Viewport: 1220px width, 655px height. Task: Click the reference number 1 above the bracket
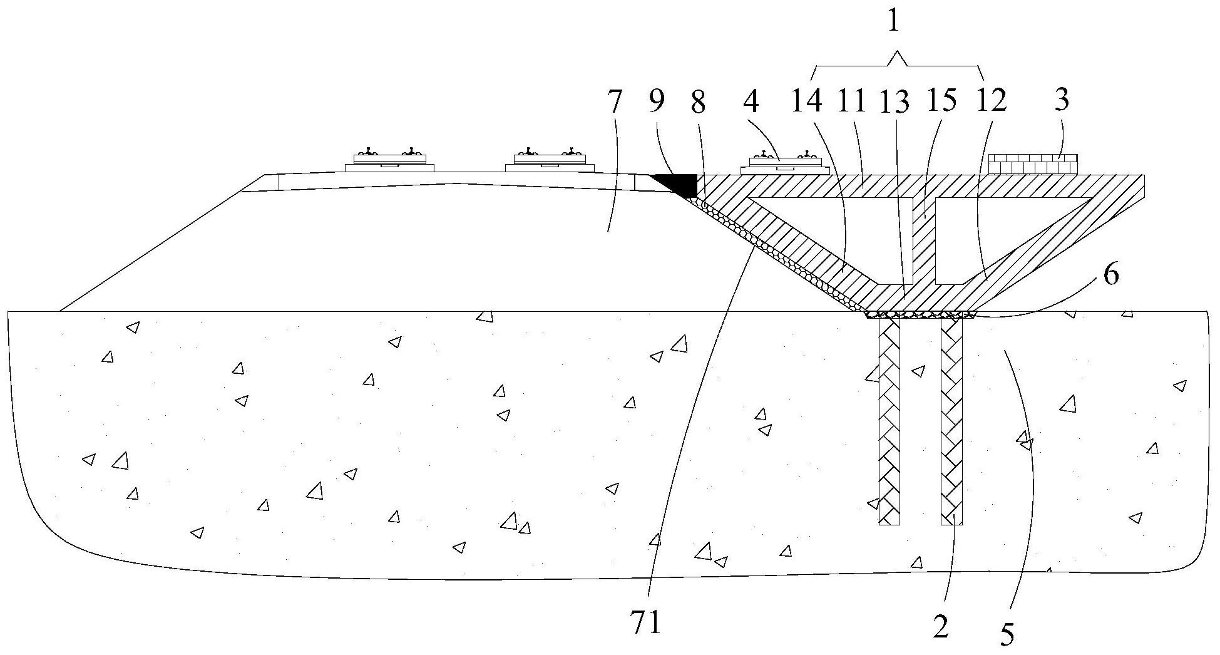[894, 23]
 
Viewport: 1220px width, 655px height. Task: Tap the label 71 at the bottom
[647, 624]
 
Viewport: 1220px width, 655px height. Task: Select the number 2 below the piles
[941, 626]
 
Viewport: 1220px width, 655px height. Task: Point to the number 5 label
[1007, 633]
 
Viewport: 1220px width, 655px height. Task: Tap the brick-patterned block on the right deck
[1033, 164]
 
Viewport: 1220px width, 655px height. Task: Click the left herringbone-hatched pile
[889, 420]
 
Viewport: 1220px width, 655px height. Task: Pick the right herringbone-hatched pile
[951, 420]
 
